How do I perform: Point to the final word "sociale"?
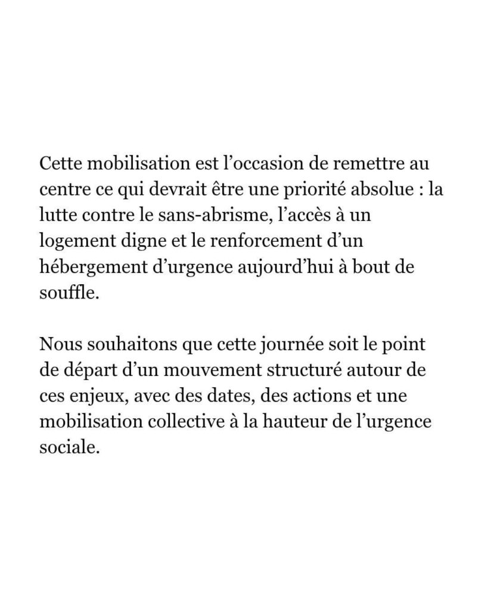(67, 447)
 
